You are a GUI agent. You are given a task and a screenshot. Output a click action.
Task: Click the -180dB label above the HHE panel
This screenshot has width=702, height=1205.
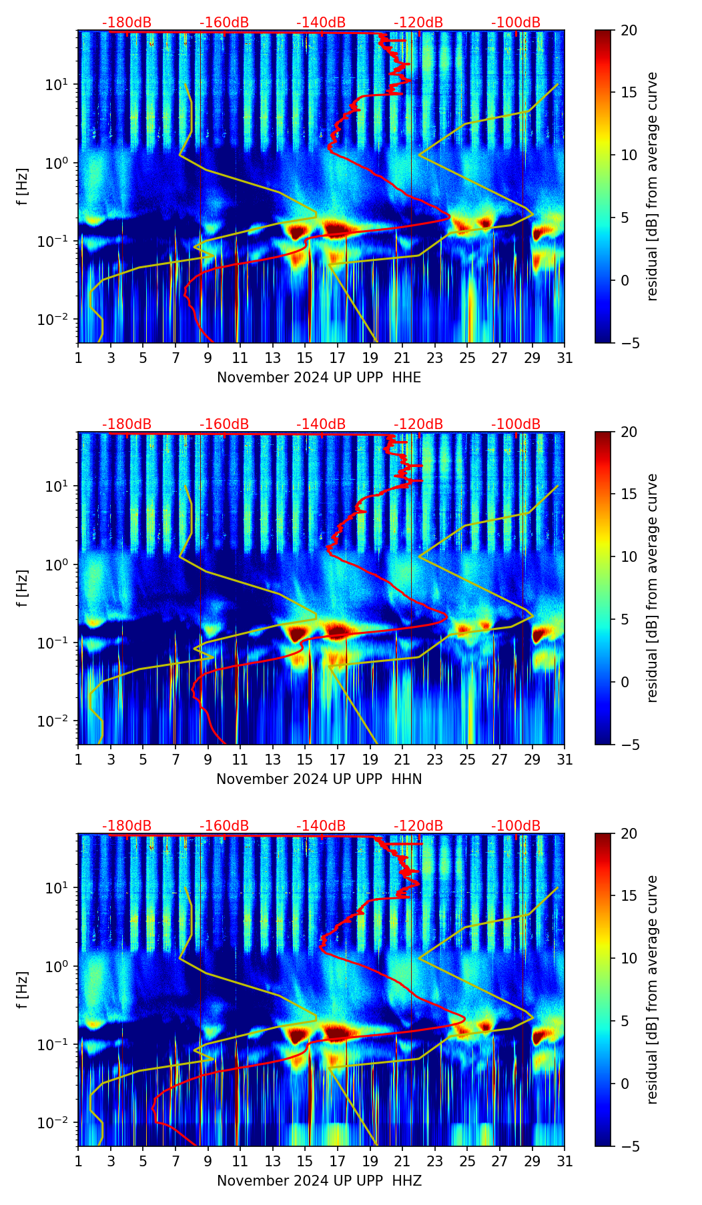[127, 23]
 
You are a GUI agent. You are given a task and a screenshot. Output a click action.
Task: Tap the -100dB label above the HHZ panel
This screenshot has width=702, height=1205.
[516, 826]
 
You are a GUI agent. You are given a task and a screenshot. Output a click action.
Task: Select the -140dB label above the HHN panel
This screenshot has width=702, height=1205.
[321, 424]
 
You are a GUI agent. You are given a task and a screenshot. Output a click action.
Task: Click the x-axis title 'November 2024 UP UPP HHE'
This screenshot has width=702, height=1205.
[319, 378]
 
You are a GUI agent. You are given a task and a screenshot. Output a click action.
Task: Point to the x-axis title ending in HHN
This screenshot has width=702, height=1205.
[319, 779]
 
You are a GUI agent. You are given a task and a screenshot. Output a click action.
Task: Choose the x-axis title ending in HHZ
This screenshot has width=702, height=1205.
[319, 1181]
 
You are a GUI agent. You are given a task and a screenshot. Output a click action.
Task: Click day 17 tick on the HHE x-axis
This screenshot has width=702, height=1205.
[338, 358]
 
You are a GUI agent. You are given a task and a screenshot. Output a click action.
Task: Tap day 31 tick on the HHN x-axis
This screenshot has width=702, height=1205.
[565, 759]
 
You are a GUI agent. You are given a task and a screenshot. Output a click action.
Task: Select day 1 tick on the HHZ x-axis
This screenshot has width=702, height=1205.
[79, 1161]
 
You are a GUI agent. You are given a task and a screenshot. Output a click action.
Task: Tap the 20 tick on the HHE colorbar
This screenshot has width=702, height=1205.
[629, 31]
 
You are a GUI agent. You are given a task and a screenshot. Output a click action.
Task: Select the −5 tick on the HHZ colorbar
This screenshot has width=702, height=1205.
[629, 1146]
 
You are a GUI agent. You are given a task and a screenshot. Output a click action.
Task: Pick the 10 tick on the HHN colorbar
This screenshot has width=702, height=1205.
[629, 556]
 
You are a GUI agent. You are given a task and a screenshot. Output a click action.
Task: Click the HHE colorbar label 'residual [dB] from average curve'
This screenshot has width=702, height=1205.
[652, 186]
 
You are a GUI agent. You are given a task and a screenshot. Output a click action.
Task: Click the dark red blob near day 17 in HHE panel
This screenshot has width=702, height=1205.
[338, 229]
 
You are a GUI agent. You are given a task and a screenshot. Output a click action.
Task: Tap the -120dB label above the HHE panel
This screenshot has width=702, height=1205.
[418, 23]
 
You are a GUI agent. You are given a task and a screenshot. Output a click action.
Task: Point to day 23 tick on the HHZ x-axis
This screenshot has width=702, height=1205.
[435, 1161]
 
